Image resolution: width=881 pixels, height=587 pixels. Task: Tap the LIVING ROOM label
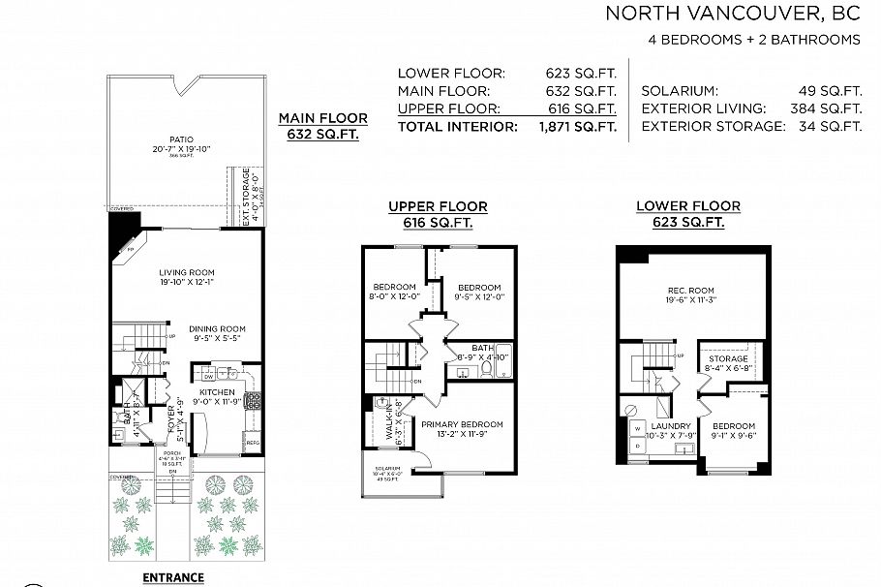click(187, 272)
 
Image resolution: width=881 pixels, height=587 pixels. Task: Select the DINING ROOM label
click(216, 328)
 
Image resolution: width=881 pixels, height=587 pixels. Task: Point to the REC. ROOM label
click(690, 291)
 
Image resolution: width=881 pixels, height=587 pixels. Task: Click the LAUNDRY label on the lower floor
click(671, 425)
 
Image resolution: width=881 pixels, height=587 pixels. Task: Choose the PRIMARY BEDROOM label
click(462, 424)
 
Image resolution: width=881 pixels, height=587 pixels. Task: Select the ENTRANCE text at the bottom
click(173, 577)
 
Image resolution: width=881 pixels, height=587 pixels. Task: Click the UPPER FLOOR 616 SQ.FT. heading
click(438, 214)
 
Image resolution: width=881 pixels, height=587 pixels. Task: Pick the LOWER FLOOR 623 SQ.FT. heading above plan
click(687, 214)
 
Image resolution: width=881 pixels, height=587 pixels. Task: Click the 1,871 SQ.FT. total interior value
click(577, 126)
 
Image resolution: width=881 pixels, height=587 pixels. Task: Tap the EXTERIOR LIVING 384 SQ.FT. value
click(828, 108)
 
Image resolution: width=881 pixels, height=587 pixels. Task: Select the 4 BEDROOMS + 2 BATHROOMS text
click(754, 40)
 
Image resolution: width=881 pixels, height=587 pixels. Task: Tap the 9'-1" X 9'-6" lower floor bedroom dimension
click(734, 435)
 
